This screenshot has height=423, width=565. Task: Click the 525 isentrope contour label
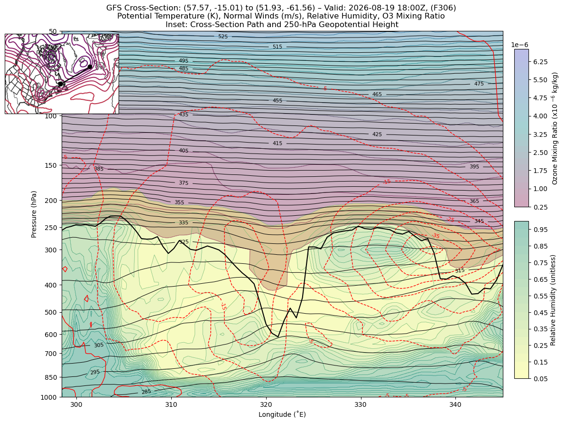223,37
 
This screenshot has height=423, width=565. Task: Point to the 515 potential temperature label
278,47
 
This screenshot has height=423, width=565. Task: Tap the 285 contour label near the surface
146,392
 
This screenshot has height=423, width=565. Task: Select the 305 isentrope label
99,345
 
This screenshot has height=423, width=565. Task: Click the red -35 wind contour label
435,236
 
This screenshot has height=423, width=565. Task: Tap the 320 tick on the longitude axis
266,404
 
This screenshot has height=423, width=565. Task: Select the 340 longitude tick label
455,404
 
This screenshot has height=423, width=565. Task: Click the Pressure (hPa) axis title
34,214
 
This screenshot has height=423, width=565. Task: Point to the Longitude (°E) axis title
282,414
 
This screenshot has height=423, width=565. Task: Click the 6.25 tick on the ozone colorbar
540,62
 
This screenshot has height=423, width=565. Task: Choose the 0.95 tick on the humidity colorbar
540,230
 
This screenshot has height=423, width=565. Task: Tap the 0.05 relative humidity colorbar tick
540,379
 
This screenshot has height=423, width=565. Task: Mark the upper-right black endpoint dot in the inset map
90,67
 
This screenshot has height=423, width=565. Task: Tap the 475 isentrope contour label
479,84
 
